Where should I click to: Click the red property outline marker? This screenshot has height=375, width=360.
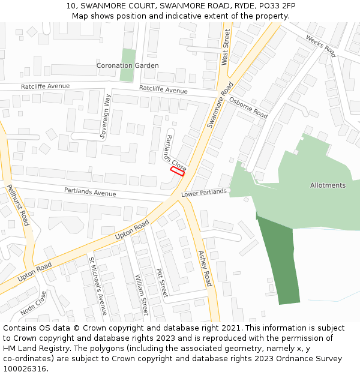click(177, 171)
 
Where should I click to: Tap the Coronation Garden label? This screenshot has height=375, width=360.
click(128, 65)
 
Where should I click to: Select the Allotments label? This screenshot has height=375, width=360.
click(328, 185)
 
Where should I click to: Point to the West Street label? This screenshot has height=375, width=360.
click(226, 47)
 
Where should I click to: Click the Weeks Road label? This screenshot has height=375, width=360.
click(320, 46)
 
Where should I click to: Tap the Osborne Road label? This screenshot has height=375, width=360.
click(248, 107)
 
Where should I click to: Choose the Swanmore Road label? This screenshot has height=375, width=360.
click(219, 105)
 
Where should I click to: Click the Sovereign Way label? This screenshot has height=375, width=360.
click(106, 116)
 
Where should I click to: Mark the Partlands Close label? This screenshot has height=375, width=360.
click(175, 152)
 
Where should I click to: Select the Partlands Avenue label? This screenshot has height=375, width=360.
click(90, 193)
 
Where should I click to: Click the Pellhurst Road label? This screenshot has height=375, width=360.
click(18, 205)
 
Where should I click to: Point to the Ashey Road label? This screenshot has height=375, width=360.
click(205, 268)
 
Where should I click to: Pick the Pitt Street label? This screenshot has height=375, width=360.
click(161, 283)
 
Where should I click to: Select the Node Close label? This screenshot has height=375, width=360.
click(34, 304)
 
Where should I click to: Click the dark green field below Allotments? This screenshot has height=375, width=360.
click(279, 258)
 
